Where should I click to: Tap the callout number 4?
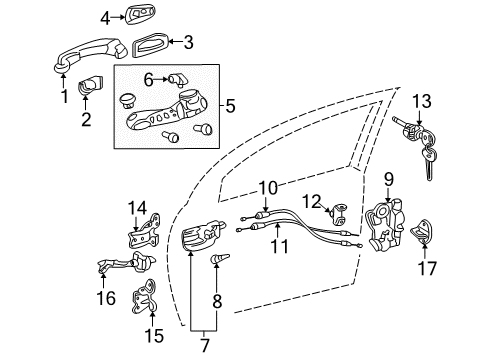tap(105, 17)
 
